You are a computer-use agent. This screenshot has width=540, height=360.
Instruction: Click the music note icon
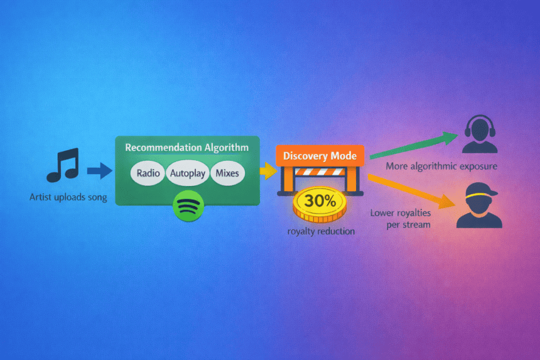[x=63, y=165]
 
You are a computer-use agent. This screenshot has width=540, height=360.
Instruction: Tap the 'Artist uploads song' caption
[x=68, y=197]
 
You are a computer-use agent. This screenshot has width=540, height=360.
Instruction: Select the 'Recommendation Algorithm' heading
[x=186, y=147]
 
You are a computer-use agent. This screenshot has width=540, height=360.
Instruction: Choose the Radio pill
[x=148, y=173]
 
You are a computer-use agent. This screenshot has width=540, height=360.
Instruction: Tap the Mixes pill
[x=227, y=173]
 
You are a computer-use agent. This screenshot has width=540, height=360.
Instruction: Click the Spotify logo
[x=186, y=207]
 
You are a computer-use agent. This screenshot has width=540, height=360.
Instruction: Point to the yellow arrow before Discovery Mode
[x=268, y=169]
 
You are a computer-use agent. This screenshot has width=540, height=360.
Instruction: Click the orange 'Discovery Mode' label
[x=320, y=156]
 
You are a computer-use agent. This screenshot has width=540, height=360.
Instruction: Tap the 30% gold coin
[x=320, y=202]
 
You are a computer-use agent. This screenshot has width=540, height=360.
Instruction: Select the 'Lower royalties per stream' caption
[x=401, y=218]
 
